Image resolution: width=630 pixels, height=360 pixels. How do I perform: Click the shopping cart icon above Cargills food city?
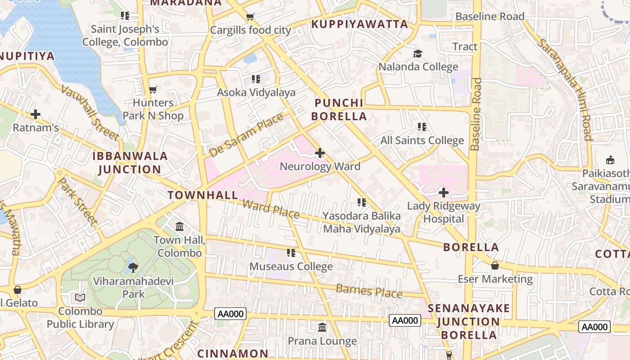(250, 17)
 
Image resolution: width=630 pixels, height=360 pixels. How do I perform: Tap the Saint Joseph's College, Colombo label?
(125, 36)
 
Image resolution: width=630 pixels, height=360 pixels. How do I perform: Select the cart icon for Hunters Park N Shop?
(153, 90)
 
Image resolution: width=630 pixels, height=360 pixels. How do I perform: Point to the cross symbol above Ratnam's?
(36, 114)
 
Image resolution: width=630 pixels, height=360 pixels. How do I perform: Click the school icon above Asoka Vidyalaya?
(256, 79)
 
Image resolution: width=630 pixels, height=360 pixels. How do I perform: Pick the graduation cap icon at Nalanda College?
(418, 54)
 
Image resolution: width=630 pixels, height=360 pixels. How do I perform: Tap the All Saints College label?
(422, 140)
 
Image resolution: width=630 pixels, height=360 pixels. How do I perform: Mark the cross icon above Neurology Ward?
(320, 153)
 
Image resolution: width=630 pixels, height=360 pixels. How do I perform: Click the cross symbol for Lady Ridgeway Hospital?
(444, 193)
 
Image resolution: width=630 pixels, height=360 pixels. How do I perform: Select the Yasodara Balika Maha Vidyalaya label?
(362, 222)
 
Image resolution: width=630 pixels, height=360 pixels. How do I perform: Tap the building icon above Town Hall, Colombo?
(180, 226)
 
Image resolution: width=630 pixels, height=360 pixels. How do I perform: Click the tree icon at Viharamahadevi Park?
(133, 268)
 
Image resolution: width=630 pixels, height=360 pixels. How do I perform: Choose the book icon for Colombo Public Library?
(80, 297)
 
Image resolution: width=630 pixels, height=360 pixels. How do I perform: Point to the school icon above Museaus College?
(291, 253)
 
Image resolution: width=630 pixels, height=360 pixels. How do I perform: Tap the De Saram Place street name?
(246, 135)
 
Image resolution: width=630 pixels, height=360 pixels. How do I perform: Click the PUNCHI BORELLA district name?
(339, 110)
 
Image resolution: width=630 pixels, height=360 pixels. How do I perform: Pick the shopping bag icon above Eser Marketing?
(495, 265)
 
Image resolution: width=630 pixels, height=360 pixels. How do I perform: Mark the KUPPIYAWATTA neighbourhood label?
(360, 24)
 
